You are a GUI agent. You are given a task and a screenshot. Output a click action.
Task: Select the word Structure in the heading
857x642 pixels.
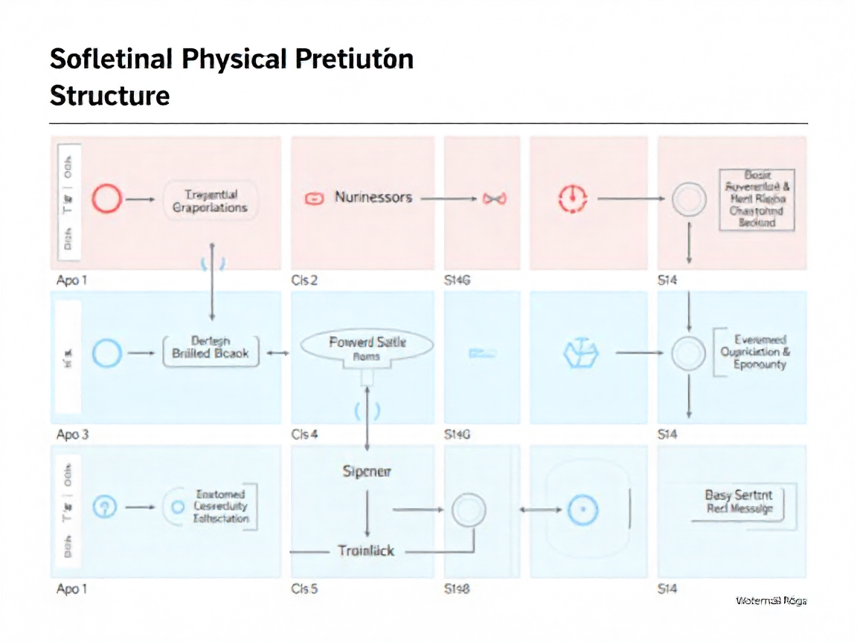click(109, 96)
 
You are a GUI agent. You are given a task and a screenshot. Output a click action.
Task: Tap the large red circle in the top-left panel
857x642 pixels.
click(106, 199)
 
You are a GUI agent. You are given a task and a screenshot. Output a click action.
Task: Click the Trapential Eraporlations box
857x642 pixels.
click(210, 201)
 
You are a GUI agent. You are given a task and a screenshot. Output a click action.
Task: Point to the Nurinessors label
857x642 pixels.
click(373, 198)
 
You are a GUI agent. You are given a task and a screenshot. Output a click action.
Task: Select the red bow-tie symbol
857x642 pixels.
click(494, 198)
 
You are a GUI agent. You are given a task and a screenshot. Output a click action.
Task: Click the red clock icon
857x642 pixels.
click(572, 198)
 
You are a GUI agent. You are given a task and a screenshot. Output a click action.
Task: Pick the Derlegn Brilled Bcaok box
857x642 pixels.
click(211, 348)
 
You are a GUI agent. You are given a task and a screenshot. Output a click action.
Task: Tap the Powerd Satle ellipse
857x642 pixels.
click(367, 346)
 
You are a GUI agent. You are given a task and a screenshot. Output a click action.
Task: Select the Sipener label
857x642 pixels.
click(367, 471)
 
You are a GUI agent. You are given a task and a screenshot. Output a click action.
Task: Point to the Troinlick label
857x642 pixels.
click(366, 551)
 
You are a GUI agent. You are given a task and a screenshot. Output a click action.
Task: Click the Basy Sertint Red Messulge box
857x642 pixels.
click(739, 502)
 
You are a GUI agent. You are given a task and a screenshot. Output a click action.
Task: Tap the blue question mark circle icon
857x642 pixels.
click(106, 508)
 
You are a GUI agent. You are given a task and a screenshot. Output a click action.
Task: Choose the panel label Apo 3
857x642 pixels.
click(72, 435)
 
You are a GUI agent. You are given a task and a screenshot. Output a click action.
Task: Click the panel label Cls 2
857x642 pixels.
click(304, 281)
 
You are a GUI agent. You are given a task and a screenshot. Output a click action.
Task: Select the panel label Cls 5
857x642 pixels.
click(304, 589)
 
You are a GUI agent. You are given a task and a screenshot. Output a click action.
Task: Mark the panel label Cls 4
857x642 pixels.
click(304, 435)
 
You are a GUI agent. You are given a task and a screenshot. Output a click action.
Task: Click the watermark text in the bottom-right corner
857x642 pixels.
click(771, 600)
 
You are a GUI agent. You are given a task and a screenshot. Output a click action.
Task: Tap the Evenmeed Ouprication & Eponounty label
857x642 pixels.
click(755, 352)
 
